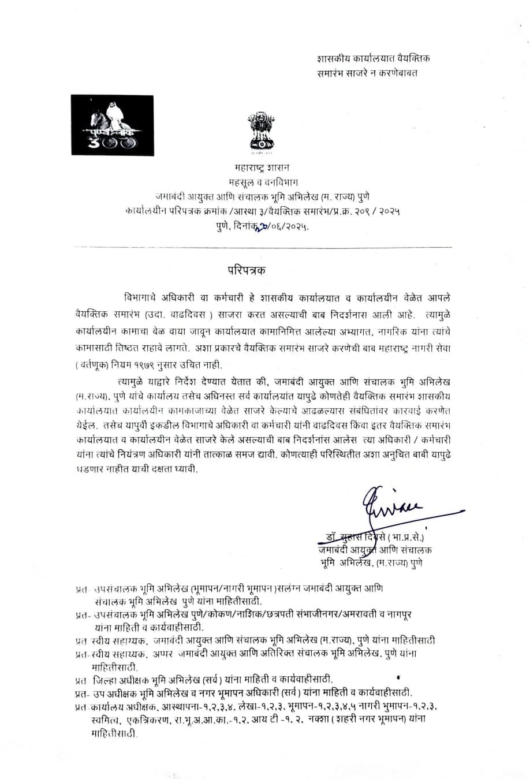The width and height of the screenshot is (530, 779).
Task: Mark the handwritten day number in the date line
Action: tap(252, 227)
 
